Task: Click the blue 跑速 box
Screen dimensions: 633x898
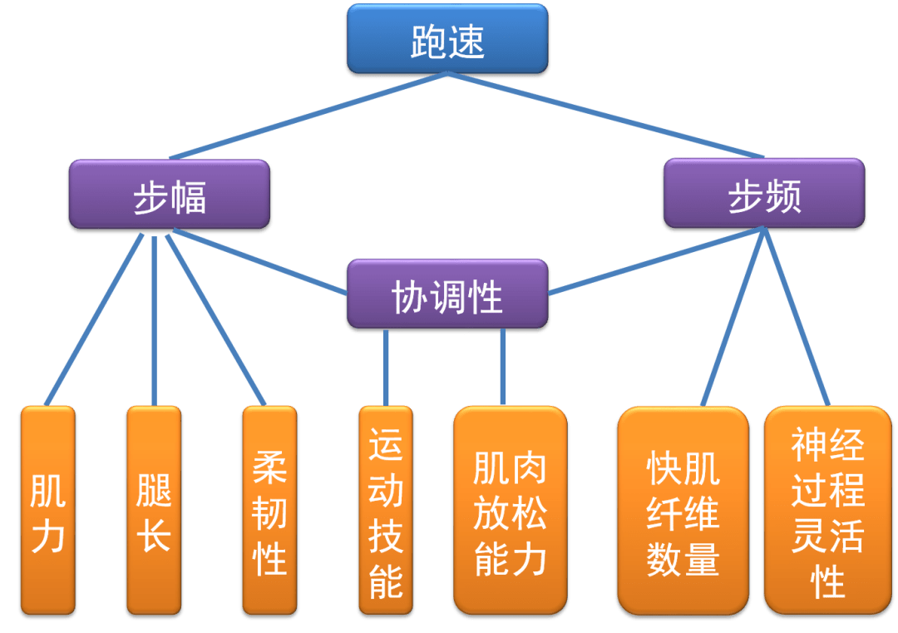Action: point(447,40)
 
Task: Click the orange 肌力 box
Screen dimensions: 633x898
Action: point(47,511)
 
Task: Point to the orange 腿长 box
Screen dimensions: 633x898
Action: point(153,511)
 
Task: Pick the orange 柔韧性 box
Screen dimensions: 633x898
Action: point(269,511)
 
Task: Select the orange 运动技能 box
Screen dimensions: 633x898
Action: point(385,511)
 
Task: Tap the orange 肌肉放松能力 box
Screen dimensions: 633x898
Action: point(511,511)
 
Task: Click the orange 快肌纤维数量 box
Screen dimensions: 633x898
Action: point(682,511)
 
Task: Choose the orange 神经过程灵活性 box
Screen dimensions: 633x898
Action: point(827,511)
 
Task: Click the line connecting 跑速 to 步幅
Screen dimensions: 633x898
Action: point(308,116)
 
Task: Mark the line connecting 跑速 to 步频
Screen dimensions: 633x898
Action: point(607,116)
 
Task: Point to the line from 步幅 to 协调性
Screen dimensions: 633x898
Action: point(258,262)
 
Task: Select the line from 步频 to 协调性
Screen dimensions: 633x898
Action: point(657,262)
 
